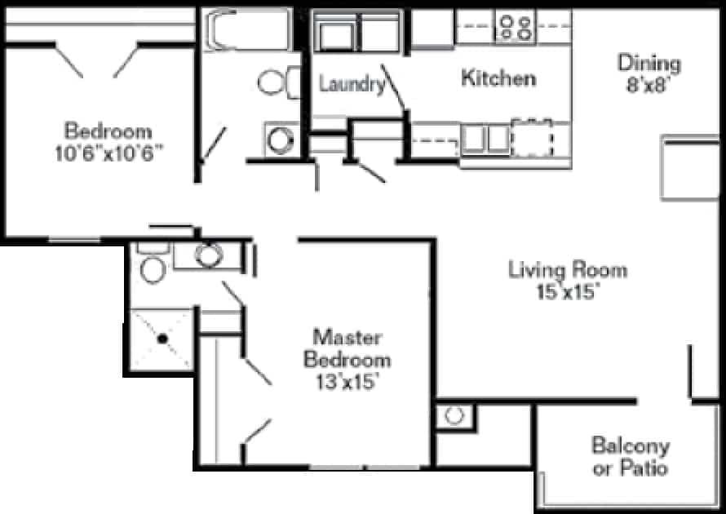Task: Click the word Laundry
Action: [x=352, y=84]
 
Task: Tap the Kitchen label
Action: [x=498, y=78]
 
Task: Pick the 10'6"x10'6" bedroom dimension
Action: [x=108, y=153]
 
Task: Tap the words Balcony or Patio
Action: [x=631, y=457]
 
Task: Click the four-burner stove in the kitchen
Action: [x=516, y=27]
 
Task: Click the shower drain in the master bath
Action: [x=162, y=339]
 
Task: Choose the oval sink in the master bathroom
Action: [x=209, y=255]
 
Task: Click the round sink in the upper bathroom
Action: [x=280, y=140]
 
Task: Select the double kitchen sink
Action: [x=485, y=139]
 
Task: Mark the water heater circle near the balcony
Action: [x=454, y=415]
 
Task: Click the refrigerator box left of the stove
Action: [x=432, y=29]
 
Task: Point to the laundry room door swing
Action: [x=392, y=87]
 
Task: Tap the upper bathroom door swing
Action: [x=214, y=144]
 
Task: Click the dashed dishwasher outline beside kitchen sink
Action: [x=532, y=139]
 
